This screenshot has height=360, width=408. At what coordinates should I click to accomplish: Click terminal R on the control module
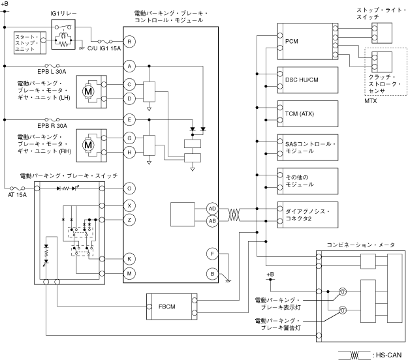click(x=129, y=42)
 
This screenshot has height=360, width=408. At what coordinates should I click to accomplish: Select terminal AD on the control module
click(x=212, y=209)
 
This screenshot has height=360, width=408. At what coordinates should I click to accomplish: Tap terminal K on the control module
click(x=129, y=259)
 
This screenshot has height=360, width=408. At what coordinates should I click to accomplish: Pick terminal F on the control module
click(x=212, y=254)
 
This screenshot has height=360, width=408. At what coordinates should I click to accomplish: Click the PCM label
click(x=291, y=41)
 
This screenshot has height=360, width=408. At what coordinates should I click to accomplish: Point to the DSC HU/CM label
click(x=302, y=80)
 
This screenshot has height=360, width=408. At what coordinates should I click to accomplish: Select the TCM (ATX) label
click(x=300, y=114)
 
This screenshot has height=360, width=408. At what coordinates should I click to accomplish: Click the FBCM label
click(x=167, y=307)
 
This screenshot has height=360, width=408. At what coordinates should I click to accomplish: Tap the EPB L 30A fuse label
click(x=52, y=72)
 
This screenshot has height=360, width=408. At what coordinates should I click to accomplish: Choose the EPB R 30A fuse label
click(x=52, y=126)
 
